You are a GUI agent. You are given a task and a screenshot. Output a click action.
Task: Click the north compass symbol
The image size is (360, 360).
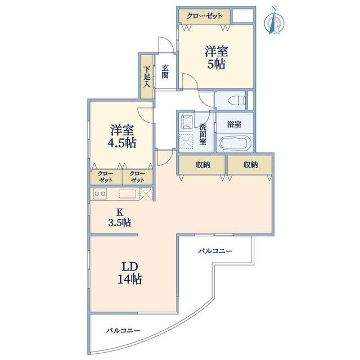[274, 21]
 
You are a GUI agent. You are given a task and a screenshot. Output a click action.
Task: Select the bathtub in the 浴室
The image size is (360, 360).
[235, 143]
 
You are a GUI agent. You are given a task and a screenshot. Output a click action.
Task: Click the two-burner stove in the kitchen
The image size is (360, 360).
[100, 193]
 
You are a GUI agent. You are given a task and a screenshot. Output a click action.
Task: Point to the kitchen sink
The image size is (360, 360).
[127, 193]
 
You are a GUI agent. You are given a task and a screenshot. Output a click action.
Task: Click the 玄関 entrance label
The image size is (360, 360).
[165, 71]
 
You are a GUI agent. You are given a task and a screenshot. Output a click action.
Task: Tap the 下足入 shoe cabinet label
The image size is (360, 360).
[147, 76]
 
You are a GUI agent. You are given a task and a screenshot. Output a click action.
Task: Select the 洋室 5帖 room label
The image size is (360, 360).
[217, 57]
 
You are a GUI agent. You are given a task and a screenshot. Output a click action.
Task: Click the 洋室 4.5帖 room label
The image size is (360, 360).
[122, 136]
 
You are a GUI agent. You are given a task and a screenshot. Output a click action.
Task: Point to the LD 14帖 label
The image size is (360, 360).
[129, 273]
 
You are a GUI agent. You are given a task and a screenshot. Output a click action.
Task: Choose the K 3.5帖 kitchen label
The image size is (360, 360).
[120, 218]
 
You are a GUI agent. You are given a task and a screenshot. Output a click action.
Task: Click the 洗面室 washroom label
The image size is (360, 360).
[203, 134]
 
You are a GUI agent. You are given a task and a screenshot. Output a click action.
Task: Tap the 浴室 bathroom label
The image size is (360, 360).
[234, 124]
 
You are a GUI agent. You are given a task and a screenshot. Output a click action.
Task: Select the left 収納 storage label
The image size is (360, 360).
[202, 165]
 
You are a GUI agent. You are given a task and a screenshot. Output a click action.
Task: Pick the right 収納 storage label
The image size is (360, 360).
[250, 165]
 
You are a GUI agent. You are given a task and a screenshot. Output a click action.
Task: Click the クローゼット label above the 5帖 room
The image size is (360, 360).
[204, 16]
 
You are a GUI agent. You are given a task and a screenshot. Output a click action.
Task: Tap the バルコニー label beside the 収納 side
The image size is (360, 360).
[215, 251]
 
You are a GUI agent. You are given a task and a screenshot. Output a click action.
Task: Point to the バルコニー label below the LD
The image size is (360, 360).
[123, 331]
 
